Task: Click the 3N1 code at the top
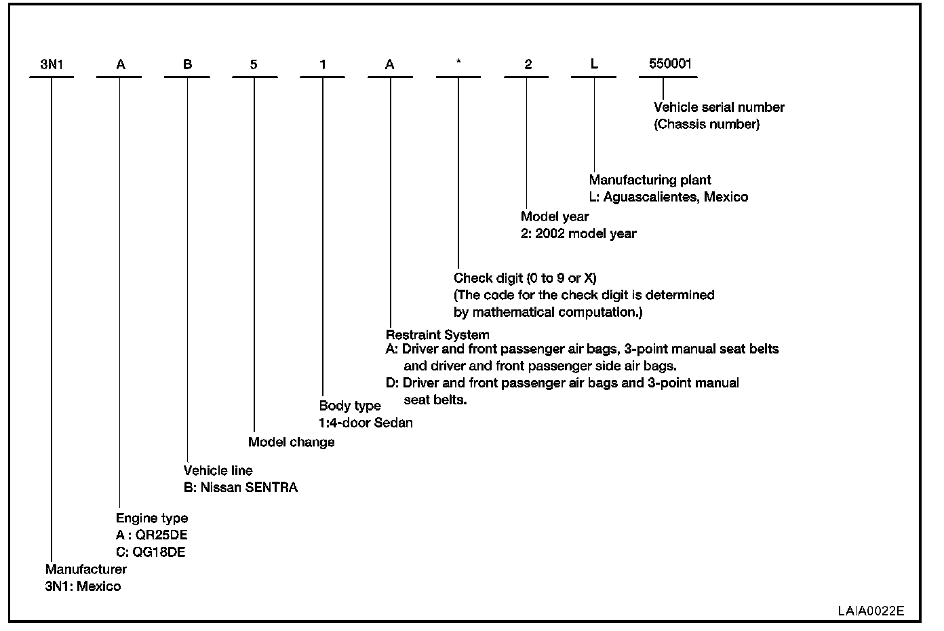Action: coord(51,65)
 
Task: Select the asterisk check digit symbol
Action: coord(458,63)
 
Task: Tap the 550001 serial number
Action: coord(670,64)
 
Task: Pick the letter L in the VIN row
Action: coord(594,64)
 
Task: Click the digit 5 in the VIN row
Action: coord(254,65)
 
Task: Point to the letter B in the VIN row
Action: coord(188,65)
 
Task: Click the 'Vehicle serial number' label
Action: coord(719,107)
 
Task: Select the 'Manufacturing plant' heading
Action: coord(650,180)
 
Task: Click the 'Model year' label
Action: coord(555,216)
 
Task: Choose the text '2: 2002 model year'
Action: coord(578,233)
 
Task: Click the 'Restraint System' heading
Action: coord(437,334)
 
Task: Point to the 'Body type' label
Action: coord(350,406)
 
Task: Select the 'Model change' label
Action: coord(292,442)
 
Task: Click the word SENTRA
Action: coord(272,488)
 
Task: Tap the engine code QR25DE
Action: coord(161,535)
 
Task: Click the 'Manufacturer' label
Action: coord(86,569)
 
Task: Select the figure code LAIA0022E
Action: coord(870,610)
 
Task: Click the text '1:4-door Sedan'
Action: coord(366,423)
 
